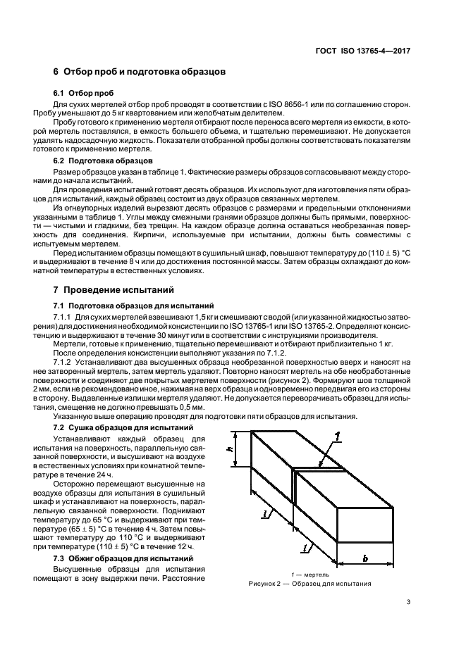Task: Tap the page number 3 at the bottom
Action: click(x=408, y=602)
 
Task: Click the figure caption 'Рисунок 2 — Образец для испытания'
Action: click(x=310, y=584)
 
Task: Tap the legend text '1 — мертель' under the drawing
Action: click(x=310, y=575)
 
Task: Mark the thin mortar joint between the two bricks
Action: click(x=294, y=486)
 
